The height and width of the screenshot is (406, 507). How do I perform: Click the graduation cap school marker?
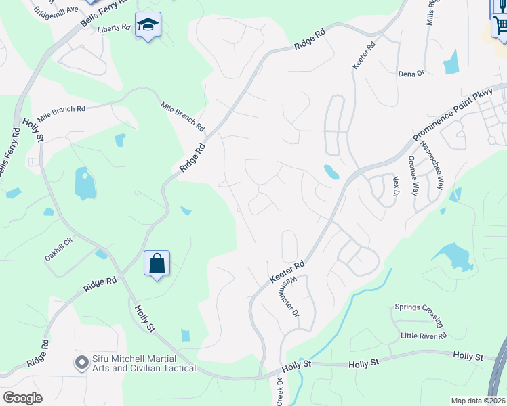[148, 26]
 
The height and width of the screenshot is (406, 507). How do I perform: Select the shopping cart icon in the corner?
[500, 26]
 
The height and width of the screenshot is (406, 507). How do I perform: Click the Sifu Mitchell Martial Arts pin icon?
[81, 363]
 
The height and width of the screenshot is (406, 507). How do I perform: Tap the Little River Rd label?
[424, 336]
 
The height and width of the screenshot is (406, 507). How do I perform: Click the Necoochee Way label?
[432, 166]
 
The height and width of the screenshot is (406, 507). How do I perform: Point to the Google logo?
[22, 397]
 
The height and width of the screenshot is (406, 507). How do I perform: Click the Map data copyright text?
[478, 401]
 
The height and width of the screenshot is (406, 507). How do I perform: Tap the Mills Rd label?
[430, 12]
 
